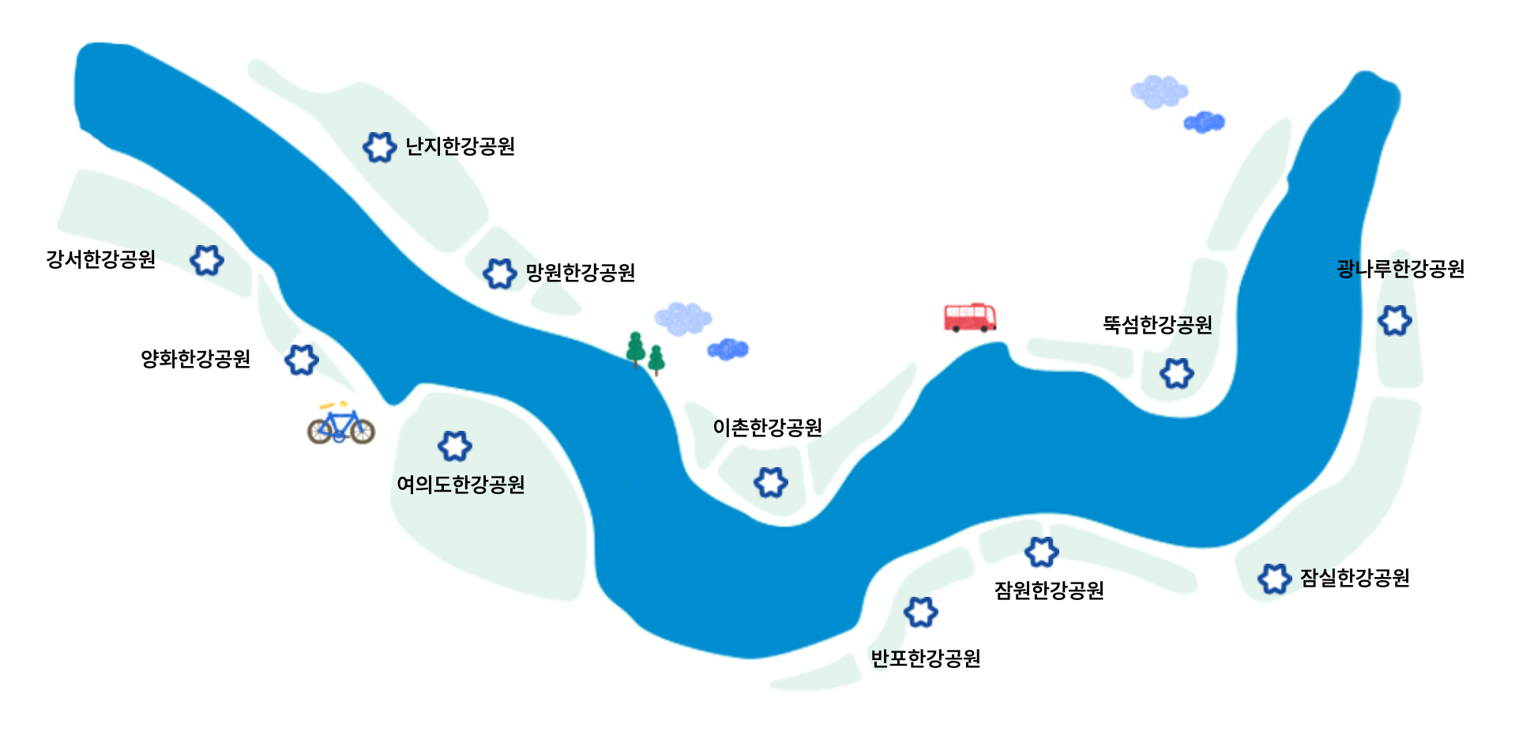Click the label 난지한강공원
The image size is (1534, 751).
click(460, 146)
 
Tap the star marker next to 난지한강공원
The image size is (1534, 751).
click(379, 147)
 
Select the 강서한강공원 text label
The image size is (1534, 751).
click(100, 259)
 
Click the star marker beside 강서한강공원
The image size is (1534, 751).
click(207, 260)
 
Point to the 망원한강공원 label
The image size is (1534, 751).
click(581, 273)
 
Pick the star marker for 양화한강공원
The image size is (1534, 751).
click(301, 360)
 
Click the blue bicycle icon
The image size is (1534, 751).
click(341, 425)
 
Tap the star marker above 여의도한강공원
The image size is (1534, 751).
click(455, 446)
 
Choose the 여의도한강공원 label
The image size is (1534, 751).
click(461, 484)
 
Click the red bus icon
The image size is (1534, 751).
click(970, 317)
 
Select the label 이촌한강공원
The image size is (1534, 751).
click(767, 428)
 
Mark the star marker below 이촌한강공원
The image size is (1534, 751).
click(771, 482)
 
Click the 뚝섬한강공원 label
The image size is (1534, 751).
click(1157, 325)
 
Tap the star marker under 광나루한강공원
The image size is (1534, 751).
click(1395, 320)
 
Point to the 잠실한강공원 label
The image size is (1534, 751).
click(1355, 578)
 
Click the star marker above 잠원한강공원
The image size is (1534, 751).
click(1041, 552)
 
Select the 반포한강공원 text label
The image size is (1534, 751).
click(925, 659)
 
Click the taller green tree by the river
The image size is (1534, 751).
click(635, 349)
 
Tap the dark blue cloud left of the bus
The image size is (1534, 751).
click(728, 349)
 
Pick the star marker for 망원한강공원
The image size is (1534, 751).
click(499, 274)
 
